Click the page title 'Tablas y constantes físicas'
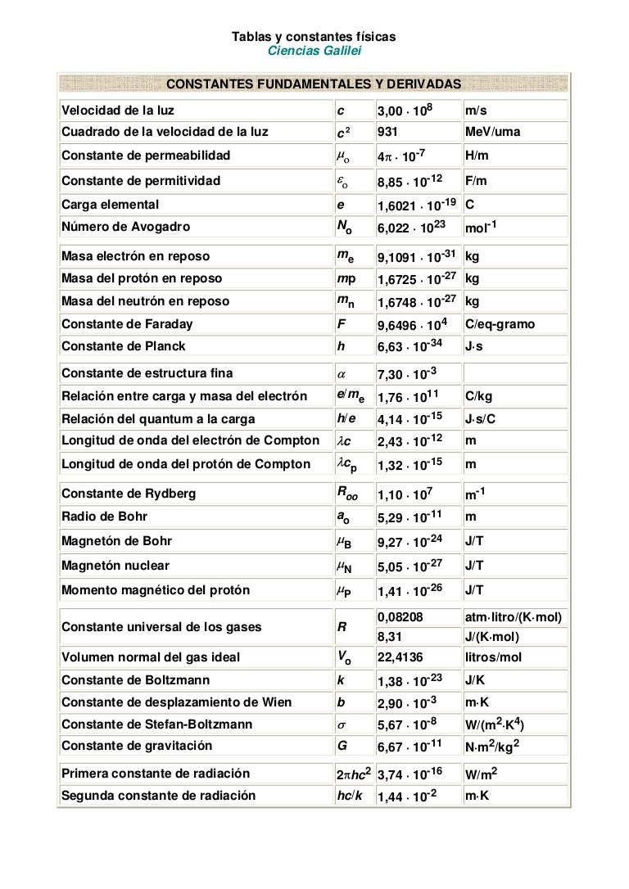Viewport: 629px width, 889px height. (x=314, y=37)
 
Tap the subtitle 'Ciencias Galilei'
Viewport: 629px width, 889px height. (x=314, y=51)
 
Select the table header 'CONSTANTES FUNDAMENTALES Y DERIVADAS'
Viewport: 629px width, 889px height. (x=314, y=84)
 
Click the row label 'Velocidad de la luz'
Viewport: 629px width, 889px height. (x=118, y=111)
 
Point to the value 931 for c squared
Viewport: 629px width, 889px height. (x=387, y=132)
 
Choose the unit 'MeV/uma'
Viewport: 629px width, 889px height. (x=492, y=132)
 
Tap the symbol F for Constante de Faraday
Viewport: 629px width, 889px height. (x=341, y=324)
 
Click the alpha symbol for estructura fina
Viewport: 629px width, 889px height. (x=342, y=374)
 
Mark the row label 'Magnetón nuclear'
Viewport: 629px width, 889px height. (x=115, y=566)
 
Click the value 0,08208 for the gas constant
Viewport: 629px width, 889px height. (x=400, y=616)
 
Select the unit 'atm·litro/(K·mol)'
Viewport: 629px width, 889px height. (x=513, y=616)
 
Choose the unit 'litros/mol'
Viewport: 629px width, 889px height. (x=493, y=657)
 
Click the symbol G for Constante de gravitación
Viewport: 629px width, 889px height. (x=342, y=746)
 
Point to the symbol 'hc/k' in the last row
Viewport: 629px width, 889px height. (x=350, y=796)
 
